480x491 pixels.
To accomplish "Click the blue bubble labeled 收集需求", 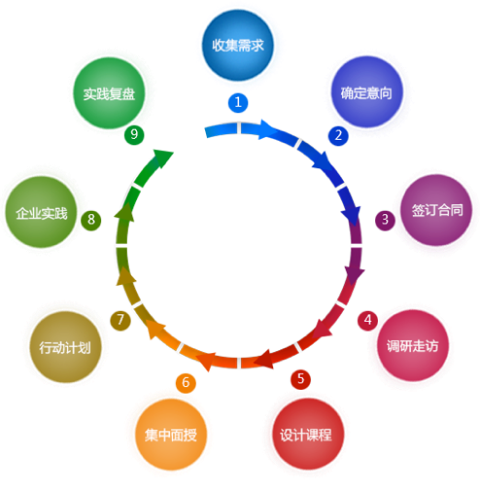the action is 238,45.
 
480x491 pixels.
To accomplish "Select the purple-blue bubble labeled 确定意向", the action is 366,92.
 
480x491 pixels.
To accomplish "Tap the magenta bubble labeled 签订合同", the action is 436,210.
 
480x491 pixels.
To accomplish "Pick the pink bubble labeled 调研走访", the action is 413,345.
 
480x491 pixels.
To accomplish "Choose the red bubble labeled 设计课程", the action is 308,434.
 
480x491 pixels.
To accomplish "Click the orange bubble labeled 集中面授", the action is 171,435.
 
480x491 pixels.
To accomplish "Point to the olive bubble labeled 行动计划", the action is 65,347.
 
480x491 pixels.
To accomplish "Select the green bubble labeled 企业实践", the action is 41,212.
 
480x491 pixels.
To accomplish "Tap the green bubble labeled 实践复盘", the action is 109,93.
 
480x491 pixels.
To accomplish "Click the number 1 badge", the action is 238,103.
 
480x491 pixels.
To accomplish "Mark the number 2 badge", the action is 338,135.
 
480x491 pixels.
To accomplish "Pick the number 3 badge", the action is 385,221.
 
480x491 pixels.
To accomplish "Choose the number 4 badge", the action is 367,321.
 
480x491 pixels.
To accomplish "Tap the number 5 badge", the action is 300,379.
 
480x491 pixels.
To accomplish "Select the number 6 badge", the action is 186,383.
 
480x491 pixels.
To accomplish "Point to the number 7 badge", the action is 120,320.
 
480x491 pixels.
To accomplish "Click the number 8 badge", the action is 91,221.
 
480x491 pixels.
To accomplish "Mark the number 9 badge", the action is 134,135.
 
